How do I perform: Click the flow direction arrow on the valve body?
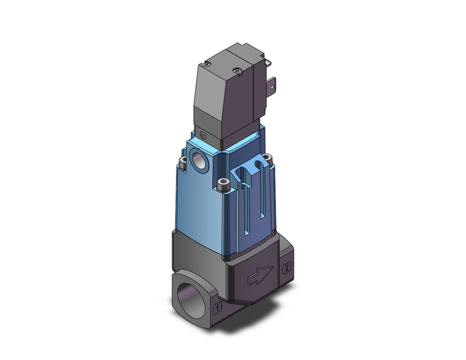261,274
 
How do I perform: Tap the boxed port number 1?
218,307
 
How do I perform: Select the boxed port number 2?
286,268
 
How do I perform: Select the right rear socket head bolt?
267,159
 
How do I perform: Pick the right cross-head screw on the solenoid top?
237,71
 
